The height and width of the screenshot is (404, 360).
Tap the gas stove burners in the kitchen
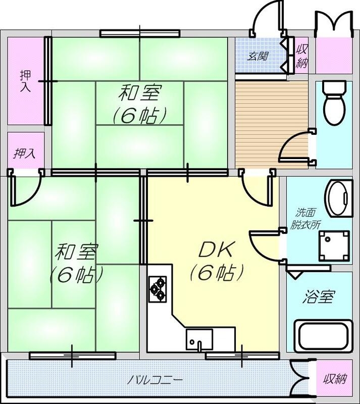pos(158,287)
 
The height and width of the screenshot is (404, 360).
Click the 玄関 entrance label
pos(257,56)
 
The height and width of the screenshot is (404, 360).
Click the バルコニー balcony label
pos(155,379)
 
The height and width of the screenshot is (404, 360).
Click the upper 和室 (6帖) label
pos(140,105)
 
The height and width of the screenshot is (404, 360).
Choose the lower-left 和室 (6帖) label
pos(77,262)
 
